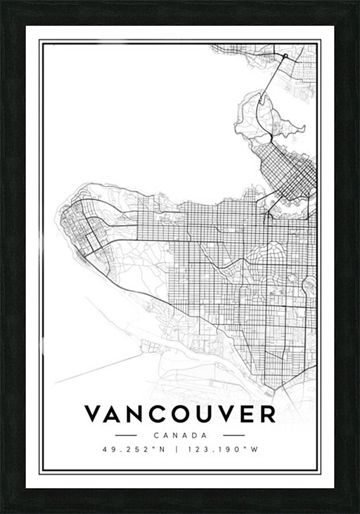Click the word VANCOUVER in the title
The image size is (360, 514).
tap(180, 415)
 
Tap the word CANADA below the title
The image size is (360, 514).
tap(180, 435)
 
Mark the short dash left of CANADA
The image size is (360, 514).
tap(126, 435)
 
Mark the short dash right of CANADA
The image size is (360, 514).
tap(234, 435)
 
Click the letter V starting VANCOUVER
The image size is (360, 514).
tap(94, 415)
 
